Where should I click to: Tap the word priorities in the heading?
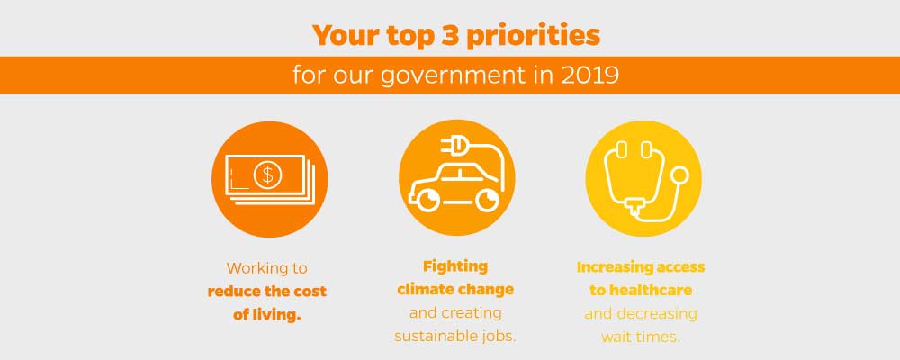click(533, 37)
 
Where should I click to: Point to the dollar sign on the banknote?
click(266, 175)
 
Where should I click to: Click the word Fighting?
click(455, 267)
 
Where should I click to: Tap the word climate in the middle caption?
click(424, 289)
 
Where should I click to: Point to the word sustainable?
click(432, 336)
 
